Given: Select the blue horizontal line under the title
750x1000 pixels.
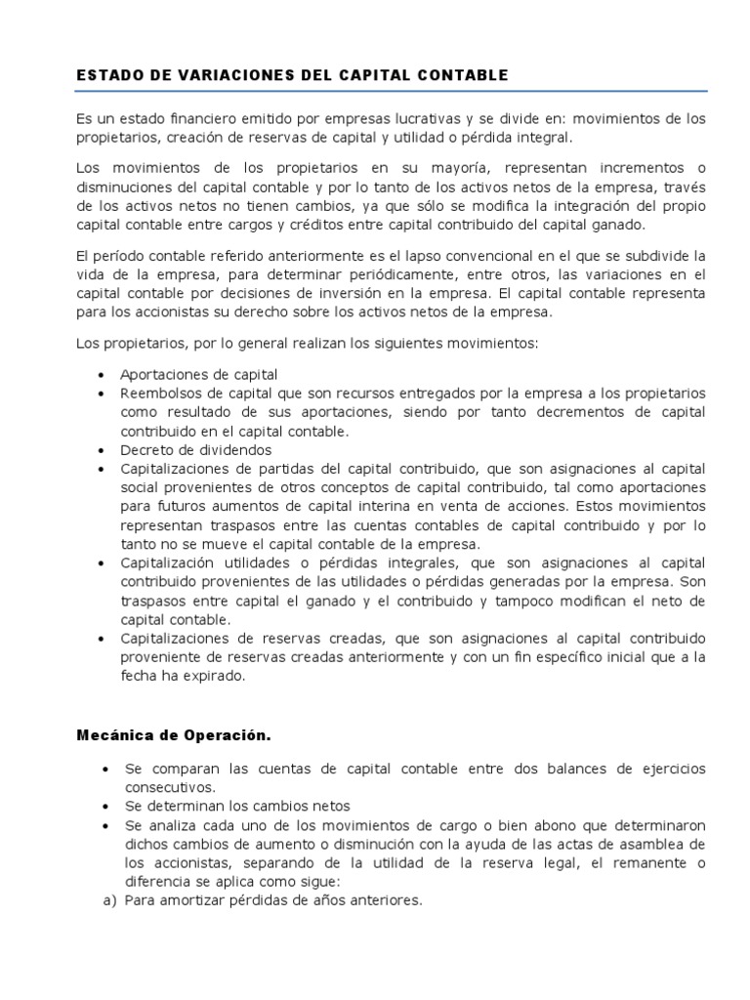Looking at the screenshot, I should (391, 92).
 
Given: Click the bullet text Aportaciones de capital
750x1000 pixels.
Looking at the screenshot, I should (199, 374).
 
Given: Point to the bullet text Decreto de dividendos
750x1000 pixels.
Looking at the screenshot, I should (195, 450).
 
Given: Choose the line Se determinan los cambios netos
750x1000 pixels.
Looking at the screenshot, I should (236, 806).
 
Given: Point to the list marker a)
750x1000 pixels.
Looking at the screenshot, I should (109, 900).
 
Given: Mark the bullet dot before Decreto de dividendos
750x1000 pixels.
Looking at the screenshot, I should (104, 451).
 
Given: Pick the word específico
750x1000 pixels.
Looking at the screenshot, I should (560, 657).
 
